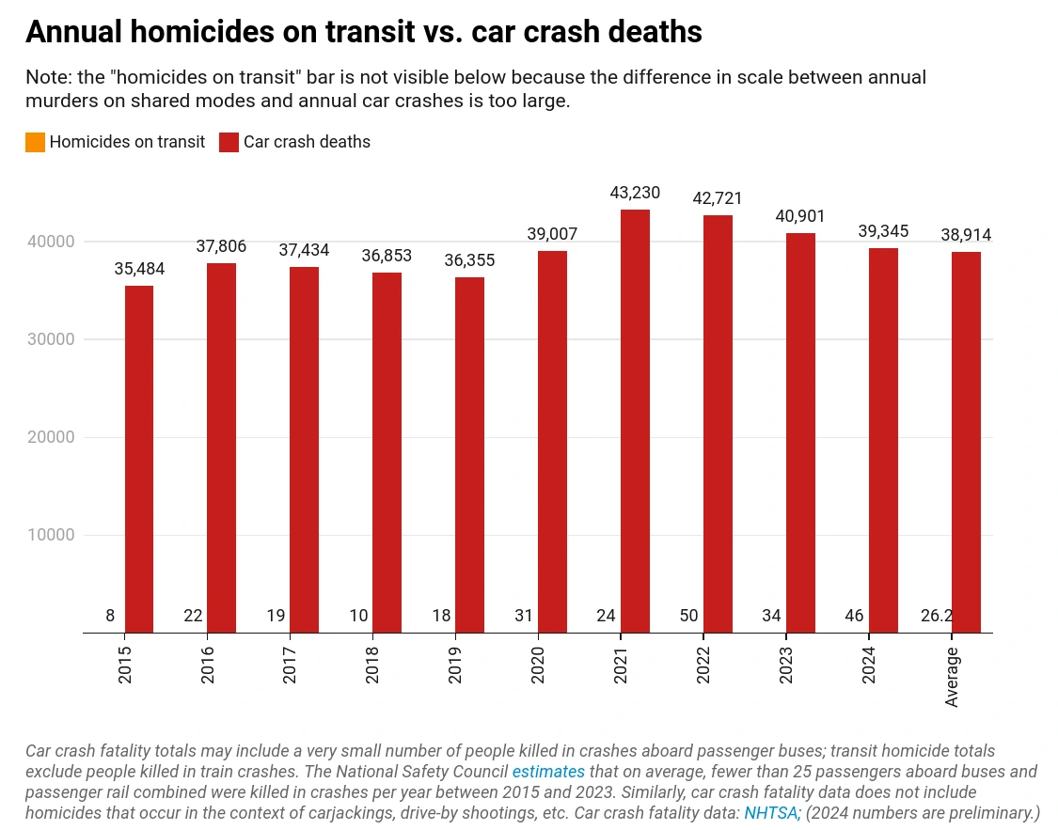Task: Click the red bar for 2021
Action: pyautogui.click(x=635, y=421)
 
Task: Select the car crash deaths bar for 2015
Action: pyautogui.click(x=139, y=459)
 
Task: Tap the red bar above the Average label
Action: pyautogui.click(x=966, y=442)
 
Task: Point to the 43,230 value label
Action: pyautogui.click(x=635, y=193)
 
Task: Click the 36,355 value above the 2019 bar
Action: pyautogui.click(x=469, y=260)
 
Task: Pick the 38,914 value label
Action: pyautogui.click(x=966, y=235)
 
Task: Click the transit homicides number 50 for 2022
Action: pyautogui.click(x=688, y=616)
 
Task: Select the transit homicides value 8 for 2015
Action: pyautogui.click(x=110, y=616)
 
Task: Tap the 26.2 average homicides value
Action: pyautogui.click(x=938, y=616)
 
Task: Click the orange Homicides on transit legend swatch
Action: pyautogui.click(x=36, y=142)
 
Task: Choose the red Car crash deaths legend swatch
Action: pyautogui.click(x=229, y=142)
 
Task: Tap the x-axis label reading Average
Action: pyautogui.click(x=952, y=677)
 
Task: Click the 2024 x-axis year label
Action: pyautogui.click(x=868, y=664)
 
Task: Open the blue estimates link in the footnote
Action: pyautogui.click(x=548, y=772)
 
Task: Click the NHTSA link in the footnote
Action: pyautogui.click(x=771, y=812)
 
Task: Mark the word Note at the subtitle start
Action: pyautogui.click(x=46, y=77)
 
